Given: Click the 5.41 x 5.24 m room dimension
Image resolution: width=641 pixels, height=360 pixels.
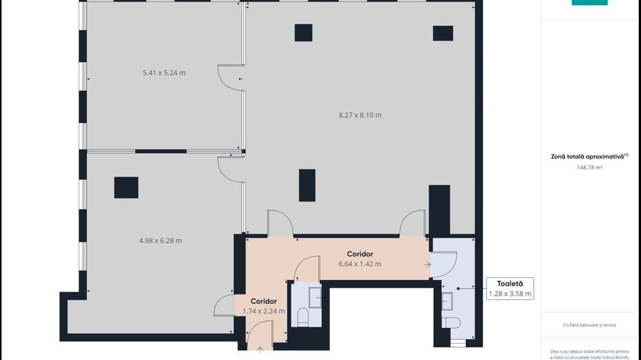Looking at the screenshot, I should click(x=164, y=72).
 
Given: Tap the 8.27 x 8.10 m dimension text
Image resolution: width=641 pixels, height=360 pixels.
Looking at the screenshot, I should click(x=360, y=115).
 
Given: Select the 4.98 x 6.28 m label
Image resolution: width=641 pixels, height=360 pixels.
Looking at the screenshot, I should click(x=161, y=240).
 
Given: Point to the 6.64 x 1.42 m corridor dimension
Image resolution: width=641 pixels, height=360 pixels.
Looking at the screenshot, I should click(x=359, y=264).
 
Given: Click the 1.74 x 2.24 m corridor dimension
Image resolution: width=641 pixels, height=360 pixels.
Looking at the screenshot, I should click(x=264, y=311).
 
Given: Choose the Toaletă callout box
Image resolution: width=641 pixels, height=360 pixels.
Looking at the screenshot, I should click(x=510, y=288).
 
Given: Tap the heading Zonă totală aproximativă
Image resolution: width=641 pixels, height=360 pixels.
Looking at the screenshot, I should click(x=588, y=156).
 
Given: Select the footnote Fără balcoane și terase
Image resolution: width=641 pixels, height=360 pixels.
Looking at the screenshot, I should click(x=589, y=325).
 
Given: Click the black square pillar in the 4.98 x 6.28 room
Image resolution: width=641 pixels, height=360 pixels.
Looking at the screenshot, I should click(x=126, y=187).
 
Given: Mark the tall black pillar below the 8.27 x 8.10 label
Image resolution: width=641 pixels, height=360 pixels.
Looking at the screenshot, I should click(x=307, y=185).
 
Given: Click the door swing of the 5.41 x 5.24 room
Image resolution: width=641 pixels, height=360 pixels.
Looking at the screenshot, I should click(x=228, y=73).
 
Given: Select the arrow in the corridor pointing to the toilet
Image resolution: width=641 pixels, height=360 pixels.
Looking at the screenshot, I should click(x=427, y=264).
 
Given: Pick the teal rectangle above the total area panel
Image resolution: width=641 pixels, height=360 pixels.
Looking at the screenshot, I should click(x=589, y=3).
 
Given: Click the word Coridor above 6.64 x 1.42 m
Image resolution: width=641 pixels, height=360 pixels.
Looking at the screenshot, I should click(x=359, y=254).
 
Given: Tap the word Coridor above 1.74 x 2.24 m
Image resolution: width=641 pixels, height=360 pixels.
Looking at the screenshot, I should click(x=264, y=301).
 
